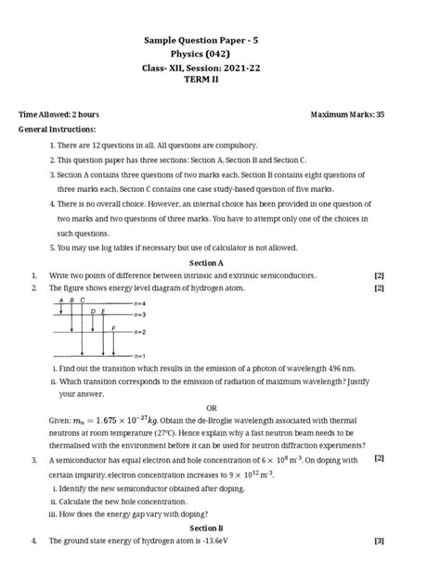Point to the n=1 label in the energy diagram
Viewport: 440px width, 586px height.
point(139,355)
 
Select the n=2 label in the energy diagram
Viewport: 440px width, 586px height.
point(139,331)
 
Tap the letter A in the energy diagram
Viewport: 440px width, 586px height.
point(61,301)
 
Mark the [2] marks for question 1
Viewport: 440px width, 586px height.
point(379,275)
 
